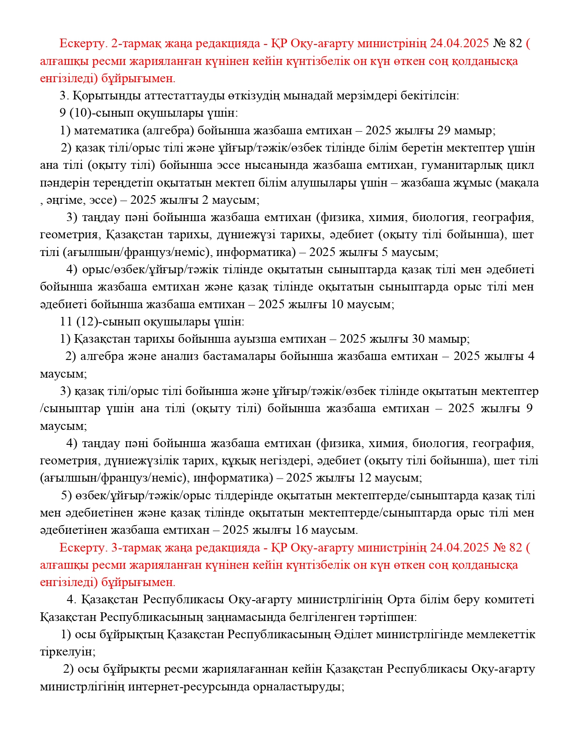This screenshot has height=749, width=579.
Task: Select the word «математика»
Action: point(106,131)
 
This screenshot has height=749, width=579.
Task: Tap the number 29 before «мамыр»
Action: point(444,131)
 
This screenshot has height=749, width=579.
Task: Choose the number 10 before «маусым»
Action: point(337,304)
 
